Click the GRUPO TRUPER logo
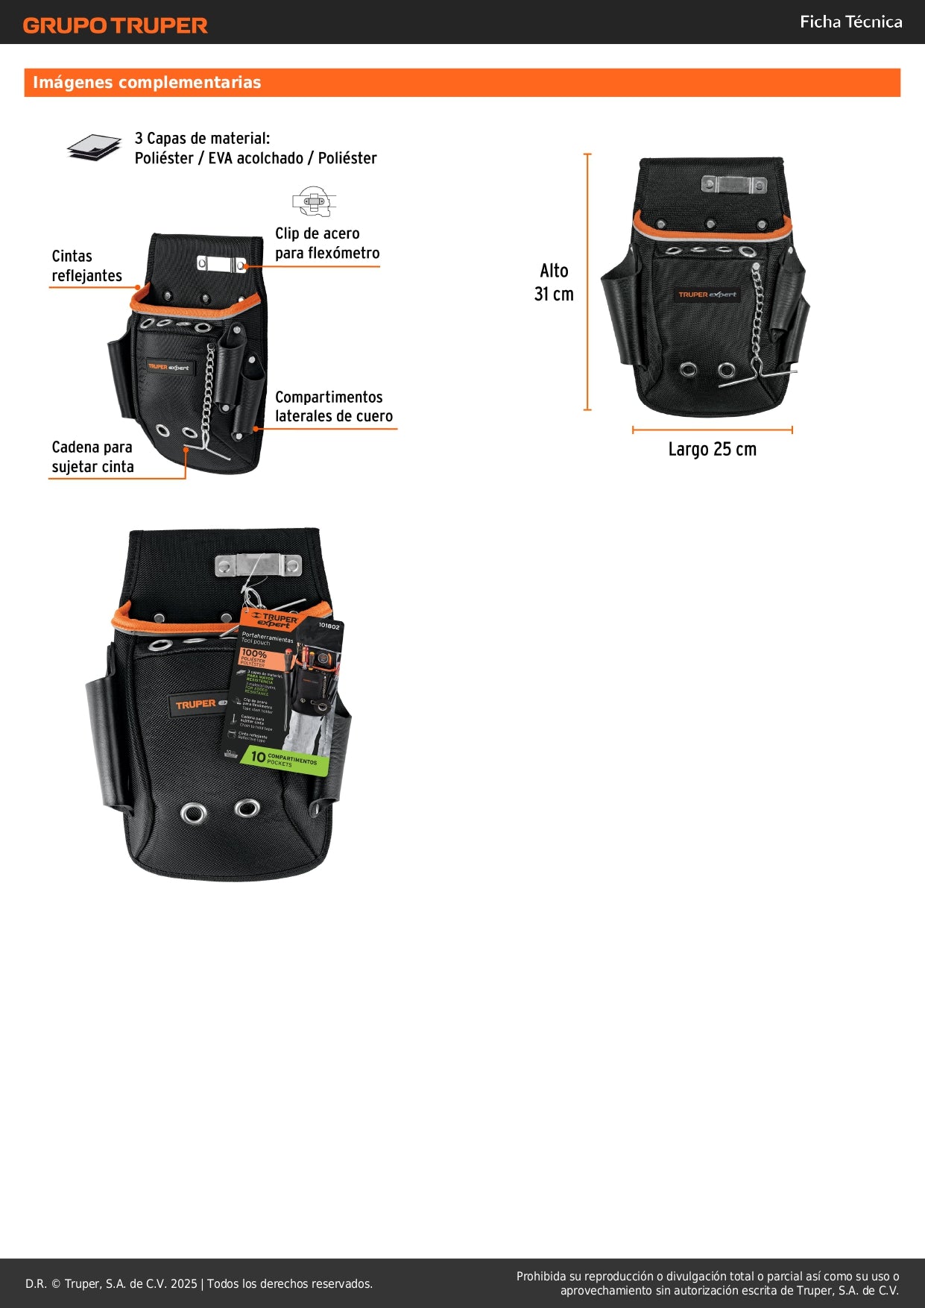[115, 25]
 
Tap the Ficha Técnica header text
[850, 22]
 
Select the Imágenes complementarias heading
[147, 83]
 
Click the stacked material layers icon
[94, 148]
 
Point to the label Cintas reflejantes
[86, 266]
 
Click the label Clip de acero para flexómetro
[326, 244]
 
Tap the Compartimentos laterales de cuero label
[333, 406]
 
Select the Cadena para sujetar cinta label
[92, 456]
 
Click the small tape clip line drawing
[314, 201]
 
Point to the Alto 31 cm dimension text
[554, 282]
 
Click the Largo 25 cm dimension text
[712, 449]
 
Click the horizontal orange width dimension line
[712, 430]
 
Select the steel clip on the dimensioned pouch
[734, 184]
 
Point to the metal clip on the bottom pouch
[258, 565]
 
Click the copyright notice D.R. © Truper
[199, 1283]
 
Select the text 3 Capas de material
[202, 139]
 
